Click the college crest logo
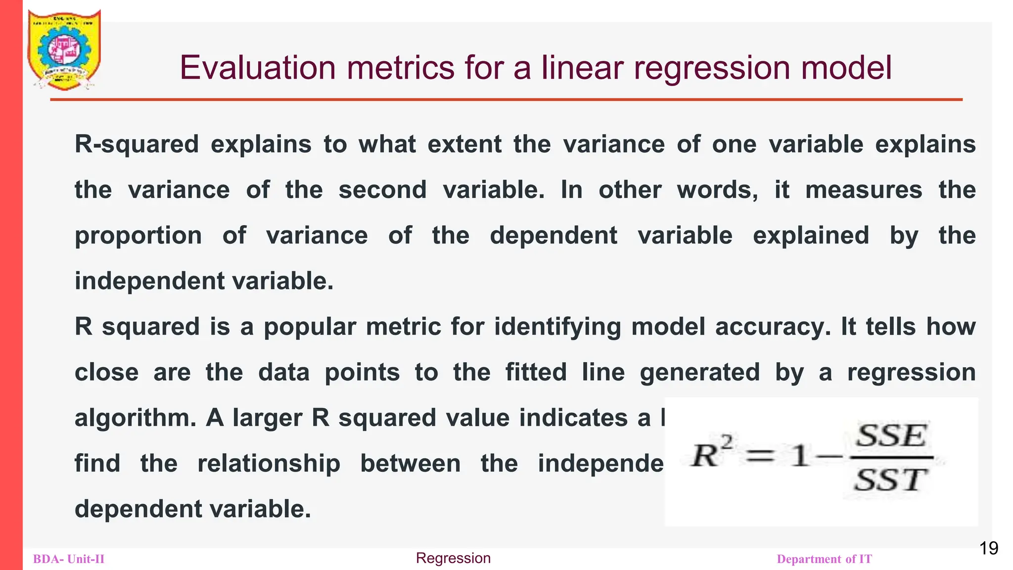click(64, 49)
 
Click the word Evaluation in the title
click(257, 68)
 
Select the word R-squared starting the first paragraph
click(137, 144)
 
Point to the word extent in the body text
click(464, 144)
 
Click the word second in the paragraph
click(382, 190)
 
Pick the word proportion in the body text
click(138, 236)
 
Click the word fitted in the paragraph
click(536, 372)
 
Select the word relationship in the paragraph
click(269, 464)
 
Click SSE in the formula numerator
click(891, 436)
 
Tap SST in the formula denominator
click(890, 479)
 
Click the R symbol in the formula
click(705, 455)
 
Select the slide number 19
click(988, 548)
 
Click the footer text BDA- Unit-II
click(69, 559)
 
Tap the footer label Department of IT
click(824, 559)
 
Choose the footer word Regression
click(453, 558)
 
